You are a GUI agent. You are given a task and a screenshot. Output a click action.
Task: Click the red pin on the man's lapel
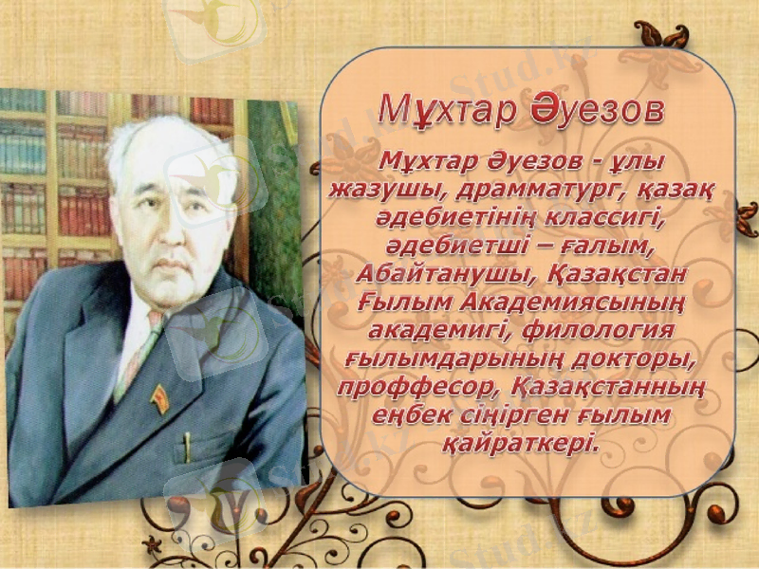[x=160, y=398]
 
